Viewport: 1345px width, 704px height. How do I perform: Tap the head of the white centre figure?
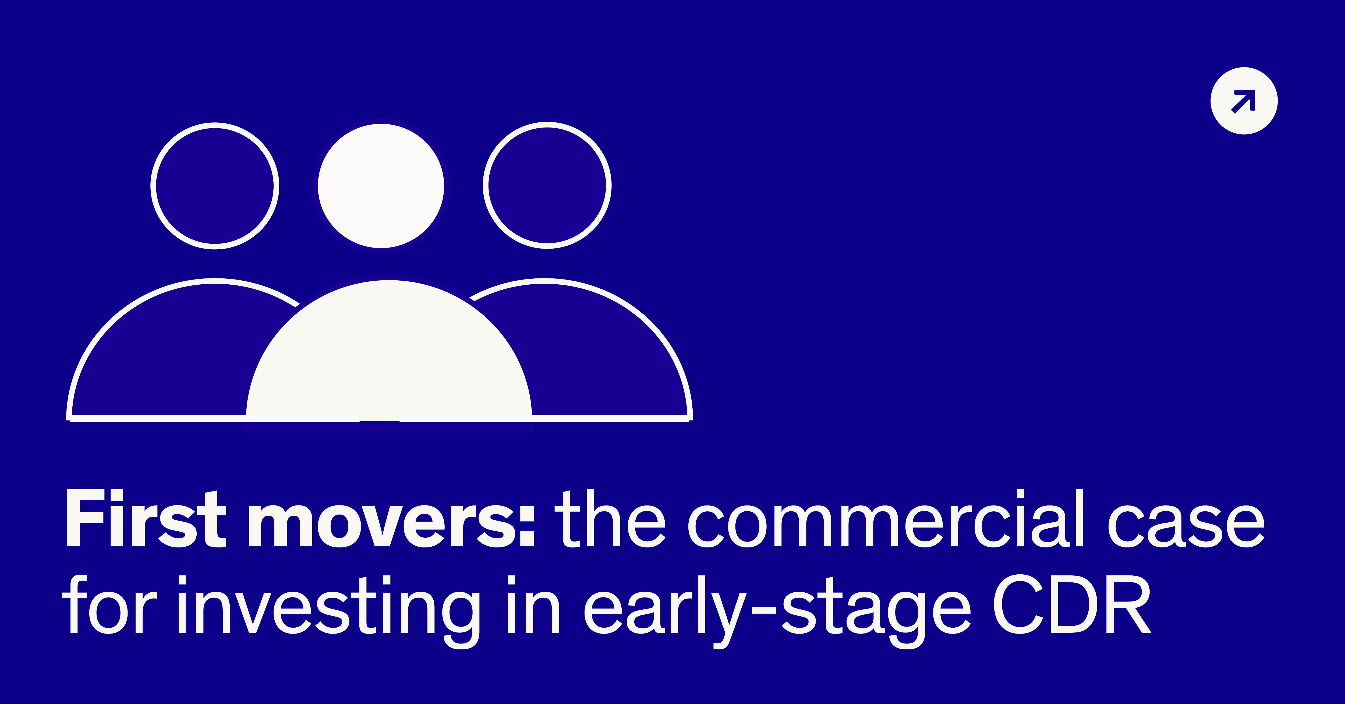pos(381,186)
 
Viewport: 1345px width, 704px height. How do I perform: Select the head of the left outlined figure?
pos(215,186)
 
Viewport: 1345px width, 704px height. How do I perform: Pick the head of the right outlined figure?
pos(547,185)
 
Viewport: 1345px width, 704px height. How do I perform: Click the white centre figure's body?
pos(389,355)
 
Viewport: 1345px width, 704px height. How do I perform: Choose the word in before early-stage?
pos(533,605)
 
